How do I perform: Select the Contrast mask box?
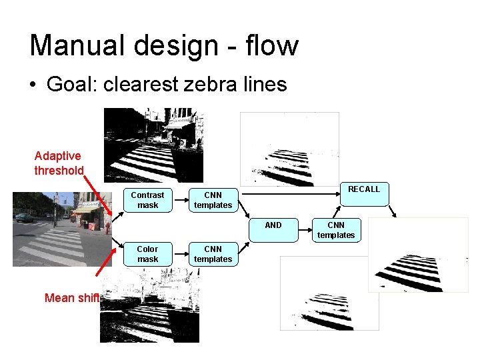click(147, 200)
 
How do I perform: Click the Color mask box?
click(147, 254)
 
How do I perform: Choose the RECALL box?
click(364, 190)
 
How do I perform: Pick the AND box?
click(273, 225)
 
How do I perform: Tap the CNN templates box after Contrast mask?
click(213, 200)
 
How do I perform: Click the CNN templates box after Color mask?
click(213, 254)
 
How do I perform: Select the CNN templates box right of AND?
click(336, 229)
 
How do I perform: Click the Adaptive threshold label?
click(58, 163)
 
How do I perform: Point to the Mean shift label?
click(71, 298)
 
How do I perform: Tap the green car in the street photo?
click(23, 217)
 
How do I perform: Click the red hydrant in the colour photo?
click(107, 227)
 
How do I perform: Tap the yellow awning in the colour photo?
click(85, 209)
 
